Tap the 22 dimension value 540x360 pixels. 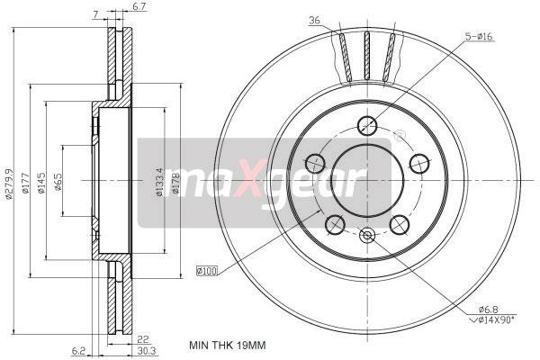click(x=143, y=339)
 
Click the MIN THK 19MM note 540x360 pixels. click(x=228, y=345)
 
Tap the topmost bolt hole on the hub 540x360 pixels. click(x=366, y=125)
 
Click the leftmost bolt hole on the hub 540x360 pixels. click(x=315, y=163)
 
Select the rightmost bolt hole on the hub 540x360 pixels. click(x=418, y=163)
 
